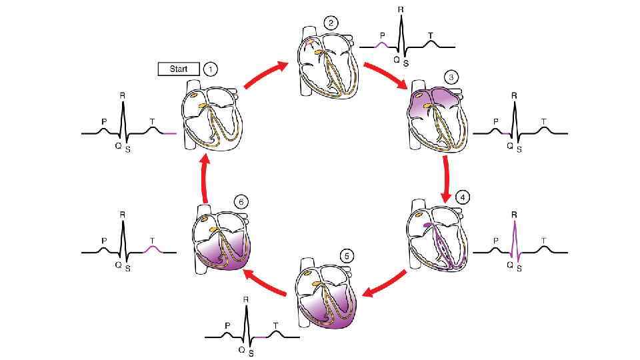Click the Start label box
(x=178, y=69)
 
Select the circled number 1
(x=211, y=69)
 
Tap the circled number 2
(x=331, y=23)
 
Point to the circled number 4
(x=462, y=197)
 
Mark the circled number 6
(x=241, y=200)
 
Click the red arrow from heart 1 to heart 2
(x=265, y=74)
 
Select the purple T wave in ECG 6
(x=153, y=248)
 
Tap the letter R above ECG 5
(x=247, y=300)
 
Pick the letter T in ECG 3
(x=544, y=121)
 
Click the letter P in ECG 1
(x=103, y=121)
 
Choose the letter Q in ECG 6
(x=117, y=263)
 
